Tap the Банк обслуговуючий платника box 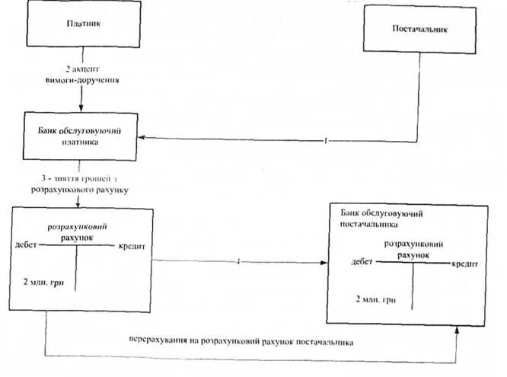click(79, 136)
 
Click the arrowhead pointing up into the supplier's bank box click(457, 331)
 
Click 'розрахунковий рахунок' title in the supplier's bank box click(413, 249)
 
